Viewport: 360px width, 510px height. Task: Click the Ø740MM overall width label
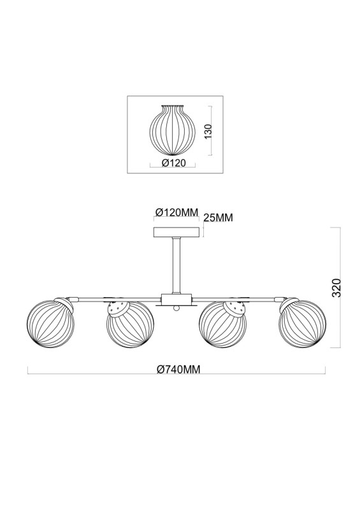click(x=178, y=369)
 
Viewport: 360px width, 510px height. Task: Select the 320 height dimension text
click(x=336, y=288)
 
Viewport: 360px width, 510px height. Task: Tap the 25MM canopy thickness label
click(x=219, y=217)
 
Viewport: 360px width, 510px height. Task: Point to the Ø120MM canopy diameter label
click(x=176, y=212)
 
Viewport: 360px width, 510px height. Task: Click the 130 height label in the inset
click(x=208, y=131)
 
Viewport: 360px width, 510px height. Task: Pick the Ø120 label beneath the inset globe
click(x=173, y=163)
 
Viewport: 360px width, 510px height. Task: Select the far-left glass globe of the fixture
click(x=50, y=322)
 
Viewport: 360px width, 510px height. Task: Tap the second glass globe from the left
click(x=131, y=324)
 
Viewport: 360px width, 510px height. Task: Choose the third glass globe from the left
click(x=223, y=324)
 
